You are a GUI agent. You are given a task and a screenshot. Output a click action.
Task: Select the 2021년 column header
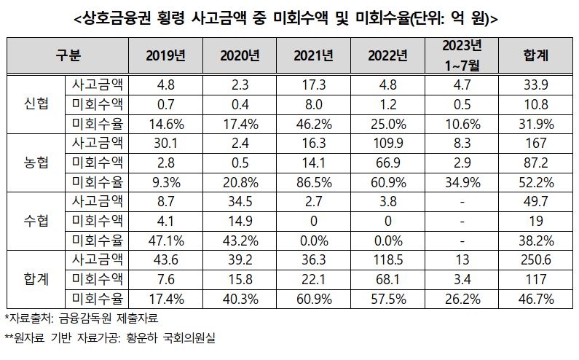pos(313,54)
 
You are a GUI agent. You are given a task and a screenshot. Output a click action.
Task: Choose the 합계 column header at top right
pos(535,54)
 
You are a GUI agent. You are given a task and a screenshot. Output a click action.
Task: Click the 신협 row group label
pos(36,103)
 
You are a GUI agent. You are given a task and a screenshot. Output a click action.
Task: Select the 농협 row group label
pos(36,163)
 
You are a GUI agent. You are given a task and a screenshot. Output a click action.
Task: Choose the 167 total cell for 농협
pos(535,143)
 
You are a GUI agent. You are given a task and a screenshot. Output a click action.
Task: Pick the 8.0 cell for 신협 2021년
pos(313,103)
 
